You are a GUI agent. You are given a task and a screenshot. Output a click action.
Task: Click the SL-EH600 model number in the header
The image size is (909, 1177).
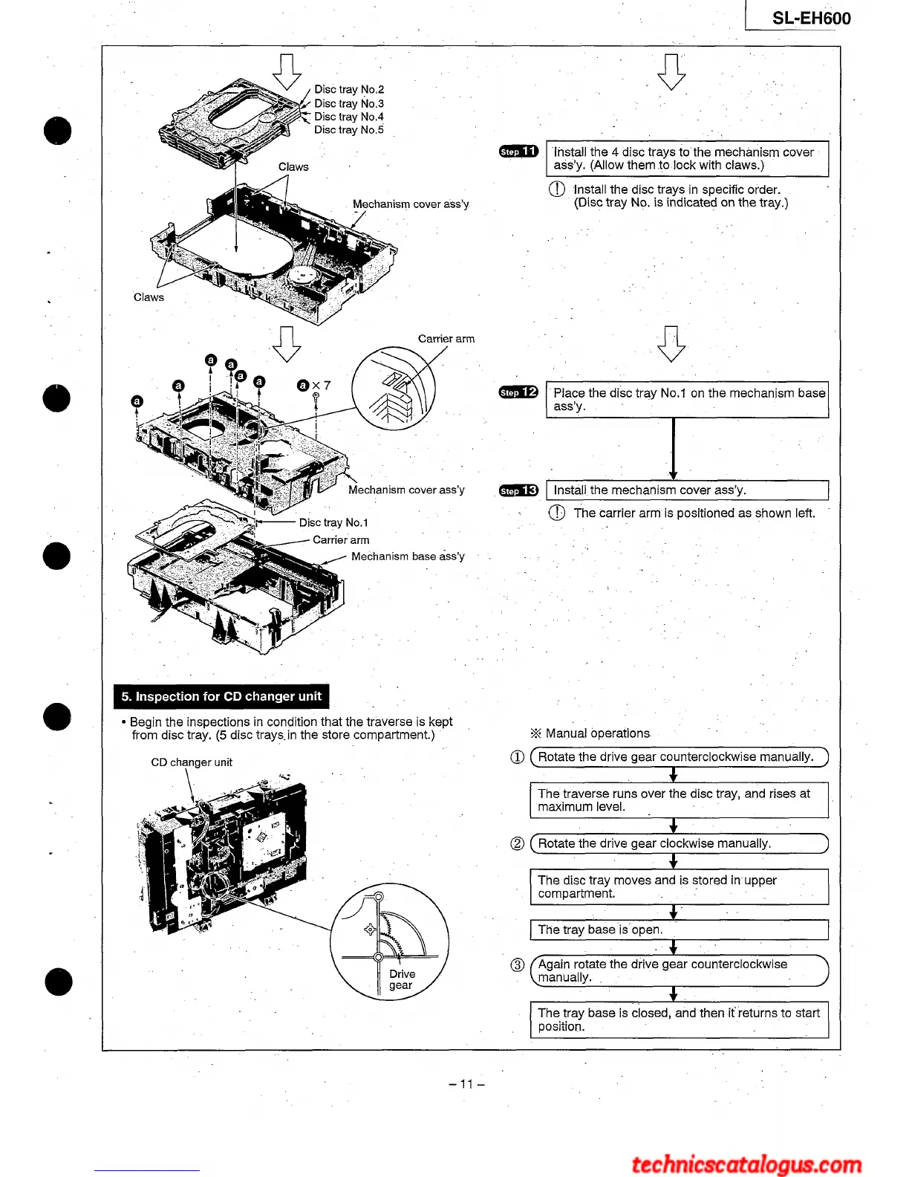click(x=811, y=18)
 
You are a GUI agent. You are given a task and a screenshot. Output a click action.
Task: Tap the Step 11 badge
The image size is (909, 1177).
click(x=518, y=152)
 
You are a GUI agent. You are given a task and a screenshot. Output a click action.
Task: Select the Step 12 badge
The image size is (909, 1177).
click(x=518, y=392)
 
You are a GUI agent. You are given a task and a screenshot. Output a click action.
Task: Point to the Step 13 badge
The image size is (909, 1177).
click(x=518, y=490)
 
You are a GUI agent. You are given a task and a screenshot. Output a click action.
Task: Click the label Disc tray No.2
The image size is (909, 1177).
click(x=349, y=89)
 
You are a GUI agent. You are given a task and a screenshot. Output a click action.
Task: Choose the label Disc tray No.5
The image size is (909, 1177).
click(x=349, y=130)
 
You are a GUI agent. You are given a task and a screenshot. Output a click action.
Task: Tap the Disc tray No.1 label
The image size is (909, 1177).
click(x=333, y=522)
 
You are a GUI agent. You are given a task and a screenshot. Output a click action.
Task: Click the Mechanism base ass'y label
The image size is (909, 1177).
click(x=408, y=556)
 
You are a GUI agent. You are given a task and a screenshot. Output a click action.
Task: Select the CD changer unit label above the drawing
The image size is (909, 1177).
click(x=192, y=762)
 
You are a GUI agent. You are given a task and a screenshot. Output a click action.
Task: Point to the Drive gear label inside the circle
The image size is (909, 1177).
click(x=402, y=979)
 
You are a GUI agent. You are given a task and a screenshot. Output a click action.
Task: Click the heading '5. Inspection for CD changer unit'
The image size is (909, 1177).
click(x=221, y=696)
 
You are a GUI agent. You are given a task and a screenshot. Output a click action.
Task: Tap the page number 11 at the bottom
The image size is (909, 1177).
click(x=466, y=1083)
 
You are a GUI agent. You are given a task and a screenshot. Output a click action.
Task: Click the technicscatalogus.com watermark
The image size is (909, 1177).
click(x=746, y=1163)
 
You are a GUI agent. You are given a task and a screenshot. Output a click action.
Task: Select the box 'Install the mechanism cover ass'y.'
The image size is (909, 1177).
click(x=687, y=490)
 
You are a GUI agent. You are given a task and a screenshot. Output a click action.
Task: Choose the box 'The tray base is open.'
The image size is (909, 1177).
click(x=679, y=930)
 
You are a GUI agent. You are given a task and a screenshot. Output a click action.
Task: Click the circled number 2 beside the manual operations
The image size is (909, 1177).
click(x=518, y=843)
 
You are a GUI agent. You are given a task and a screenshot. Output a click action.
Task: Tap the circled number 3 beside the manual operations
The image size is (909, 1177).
click(x=518, y=965)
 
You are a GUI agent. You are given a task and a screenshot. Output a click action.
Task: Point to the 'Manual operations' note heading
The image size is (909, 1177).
click(x=591, y=733)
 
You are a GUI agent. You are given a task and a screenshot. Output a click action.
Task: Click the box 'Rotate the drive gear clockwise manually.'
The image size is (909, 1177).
click(x=679, y=843)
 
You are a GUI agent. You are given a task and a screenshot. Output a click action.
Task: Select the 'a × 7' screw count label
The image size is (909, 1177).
click(x=313, y=385)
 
